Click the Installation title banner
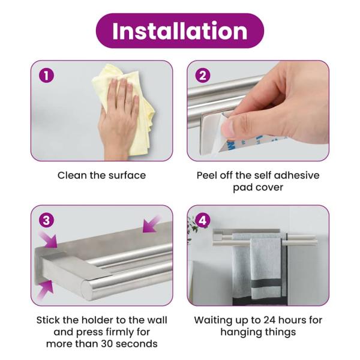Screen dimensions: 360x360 tap(180, 31)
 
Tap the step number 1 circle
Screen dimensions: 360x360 tap(46, 76)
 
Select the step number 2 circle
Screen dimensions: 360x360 tap(203, 76)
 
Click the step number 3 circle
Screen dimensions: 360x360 tap(46, 221)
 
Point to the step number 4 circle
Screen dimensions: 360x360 tap(203, 221)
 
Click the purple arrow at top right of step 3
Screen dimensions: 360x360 tap(151, 224)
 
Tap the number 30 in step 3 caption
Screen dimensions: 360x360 tap(107, 344)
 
